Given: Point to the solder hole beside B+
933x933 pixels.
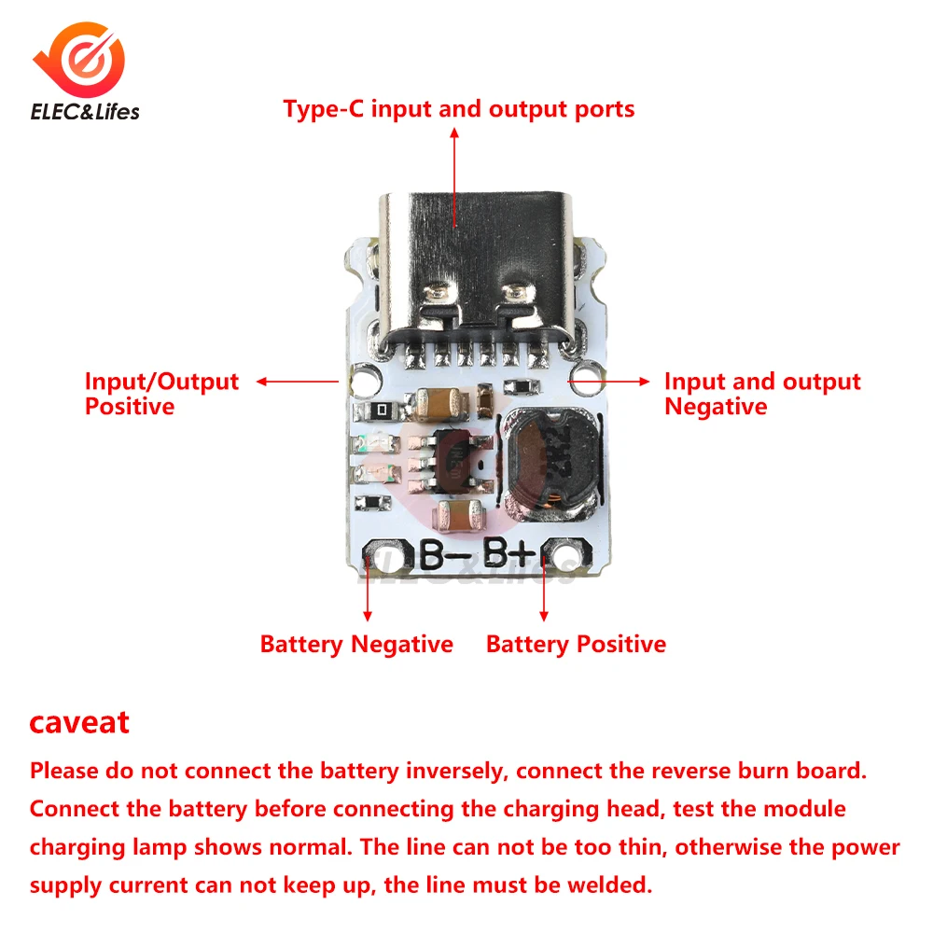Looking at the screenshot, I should point(563,561).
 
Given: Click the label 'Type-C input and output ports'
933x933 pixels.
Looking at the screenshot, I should point(459,109).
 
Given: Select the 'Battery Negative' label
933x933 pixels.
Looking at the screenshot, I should point(356,645).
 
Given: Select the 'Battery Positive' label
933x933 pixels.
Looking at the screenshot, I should point(576,645).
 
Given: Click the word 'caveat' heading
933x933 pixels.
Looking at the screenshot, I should point(79,721).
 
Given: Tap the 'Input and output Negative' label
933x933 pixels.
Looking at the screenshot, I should point(761,394).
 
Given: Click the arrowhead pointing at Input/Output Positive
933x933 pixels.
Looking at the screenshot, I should point(262,381).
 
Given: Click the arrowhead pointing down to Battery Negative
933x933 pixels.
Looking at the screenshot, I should point(368,615).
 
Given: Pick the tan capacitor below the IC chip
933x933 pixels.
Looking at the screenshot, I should point(458,511).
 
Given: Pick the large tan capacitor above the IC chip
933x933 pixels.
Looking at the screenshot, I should point(443,403).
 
